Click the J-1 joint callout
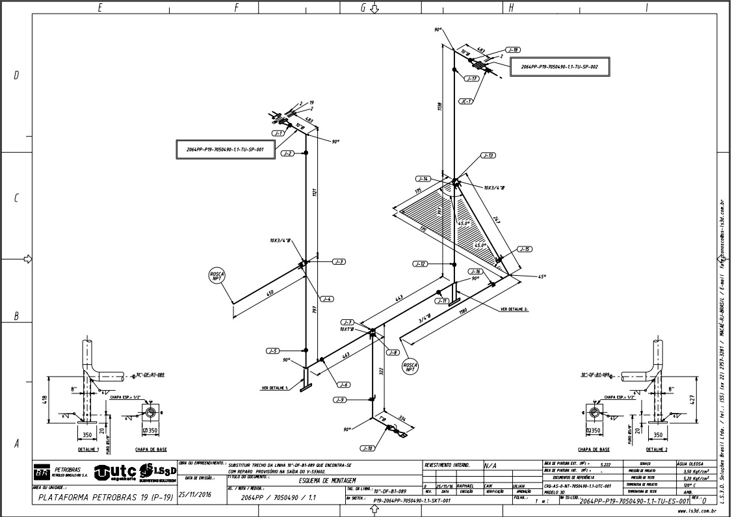click(278, 133)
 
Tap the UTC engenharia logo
click(115, 473)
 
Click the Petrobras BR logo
click(41, 473)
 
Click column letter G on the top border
click(363, 8)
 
